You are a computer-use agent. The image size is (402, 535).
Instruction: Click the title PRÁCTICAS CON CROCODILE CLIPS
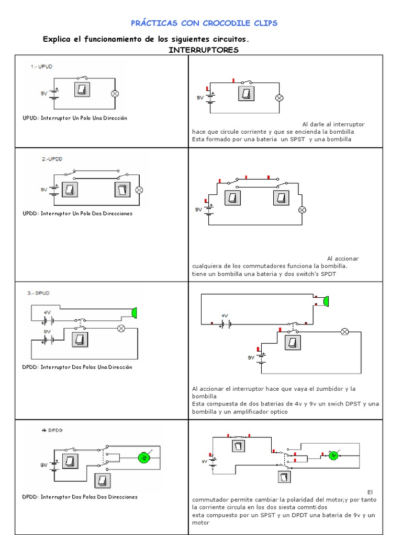[204, 23]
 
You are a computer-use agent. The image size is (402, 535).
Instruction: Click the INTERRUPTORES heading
[204, 50]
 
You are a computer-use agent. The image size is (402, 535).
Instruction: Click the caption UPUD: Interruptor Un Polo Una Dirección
[75, 118]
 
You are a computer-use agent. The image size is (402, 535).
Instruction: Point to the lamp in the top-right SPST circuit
[280, 98]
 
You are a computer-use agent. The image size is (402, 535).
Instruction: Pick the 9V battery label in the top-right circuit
[200, 98]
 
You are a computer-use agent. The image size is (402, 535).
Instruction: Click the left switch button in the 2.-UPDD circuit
[70, 189]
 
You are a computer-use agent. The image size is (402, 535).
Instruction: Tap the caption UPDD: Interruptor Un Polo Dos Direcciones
[77, 214]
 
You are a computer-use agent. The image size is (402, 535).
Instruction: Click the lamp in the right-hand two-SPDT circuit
[301, 210]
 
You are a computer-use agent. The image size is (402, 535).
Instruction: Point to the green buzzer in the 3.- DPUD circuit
[135, 312]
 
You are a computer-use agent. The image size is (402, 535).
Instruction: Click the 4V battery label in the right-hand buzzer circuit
[225, 316]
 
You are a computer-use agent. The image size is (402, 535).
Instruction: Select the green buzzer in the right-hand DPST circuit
[326, 300]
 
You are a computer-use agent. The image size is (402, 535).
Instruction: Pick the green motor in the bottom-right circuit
[333, 455]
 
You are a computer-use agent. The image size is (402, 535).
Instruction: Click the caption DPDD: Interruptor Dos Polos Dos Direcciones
[80, 497]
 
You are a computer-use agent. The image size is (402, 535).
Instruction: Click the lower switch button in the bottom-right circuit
[284, 478]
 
